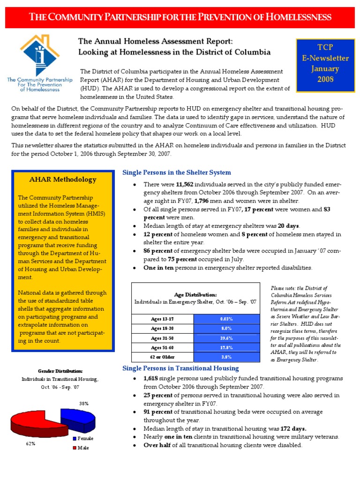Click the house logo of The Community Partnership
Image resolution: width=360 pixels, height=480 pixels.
[x=39, y=54]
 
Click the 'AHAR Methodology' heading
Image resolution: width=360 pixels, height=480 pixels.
[x=63, y=180]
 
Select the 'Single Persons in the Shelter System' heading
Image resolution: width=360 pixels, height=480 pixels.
[x=176, y=172]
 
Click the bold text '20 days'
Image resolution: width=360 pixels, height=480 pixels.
[x=288, y=226]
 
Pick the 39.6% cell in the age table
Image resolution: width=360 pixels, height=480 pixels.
[x=226, y=338]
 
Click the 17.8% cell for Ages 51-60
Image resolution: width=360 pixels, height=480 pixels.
[x=226, y=348]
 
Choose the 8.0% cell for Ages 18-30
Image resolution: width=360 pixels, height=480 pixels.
[x=226, y=329]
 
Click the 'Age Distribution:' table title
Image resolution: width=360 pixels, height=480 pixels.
[x=195, y=294]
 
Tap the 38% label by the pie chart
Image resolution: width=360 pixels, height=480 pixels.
[x=84, y=403]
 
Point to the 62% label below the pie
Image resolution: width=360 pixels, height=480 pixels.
[x=31, y=443]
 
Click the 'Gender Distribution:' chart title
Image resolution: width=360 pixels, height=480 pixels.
[x=60, y=371]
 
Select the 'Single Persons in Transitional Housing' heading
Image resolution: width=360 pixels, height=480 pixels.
[x=180, y=368]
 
